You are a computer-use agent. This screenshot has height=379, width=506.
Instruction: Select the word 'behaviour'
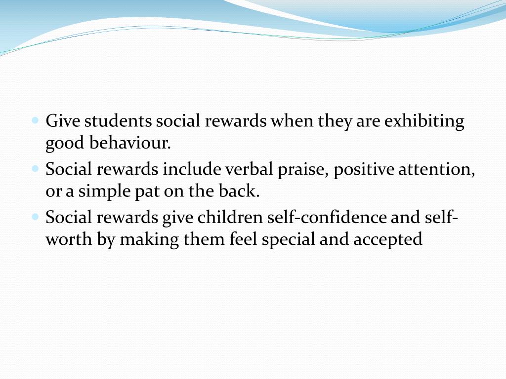pos(129,143)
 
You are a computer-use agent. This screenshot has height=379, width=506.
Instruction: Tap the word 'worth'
pos(65,239)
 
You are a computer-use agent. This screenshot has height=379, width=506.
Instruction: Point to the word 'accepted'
pos(388,239)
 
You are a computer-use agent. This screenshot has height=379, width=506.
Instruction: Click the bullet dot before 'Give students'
pos(36,120)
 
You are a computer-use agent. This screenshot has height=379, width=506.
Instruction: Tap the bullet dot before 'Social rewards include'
pos(36,168)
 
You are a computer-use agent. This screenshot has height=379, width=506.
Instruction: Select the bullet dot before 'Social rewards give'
pos(36,216)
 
